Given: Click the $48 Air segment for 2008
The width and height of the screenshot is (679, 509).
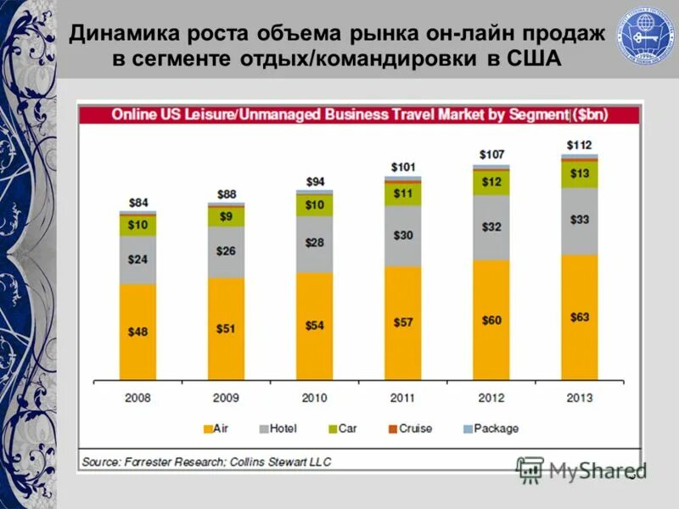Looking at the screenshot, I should pos(137,332).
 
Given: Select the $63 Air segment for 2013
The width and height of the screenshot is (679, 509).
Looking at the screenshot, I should pos(580,316).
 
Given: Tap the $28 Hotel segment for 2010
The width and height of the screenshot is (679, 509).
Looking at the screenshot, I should pos(314,243).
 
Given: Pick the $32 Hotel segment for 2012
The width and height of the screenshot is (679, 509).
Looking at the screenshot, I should pos(491,227).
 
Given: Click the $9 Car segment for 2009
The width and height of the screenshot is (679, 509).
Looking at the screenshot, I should pos(226,216).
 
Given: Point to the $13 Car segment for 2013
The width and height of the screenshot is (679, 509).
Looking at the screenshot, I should pos(580,174).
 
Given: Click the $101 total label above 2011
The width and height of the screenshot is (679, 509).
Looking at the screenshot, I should pos(402,167).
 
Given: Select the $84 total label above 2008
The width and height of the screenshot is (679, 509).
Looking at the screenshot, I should pos(137,203).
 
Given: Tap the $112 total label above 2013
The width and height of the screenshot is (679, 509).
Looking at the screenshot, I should pos(580,145).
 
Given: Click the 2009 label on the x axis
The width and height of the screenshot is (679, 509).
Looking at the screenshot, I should pos(226,398).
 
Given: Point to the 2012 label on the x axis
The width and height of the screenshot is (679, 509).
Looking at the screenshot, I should pos(491,398).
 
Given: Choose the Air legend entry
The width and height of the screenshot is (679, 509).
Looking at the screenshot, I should pos(216,428).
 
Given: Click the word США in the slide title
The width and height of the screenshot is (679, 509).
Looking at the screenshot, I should pos(525,59).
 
